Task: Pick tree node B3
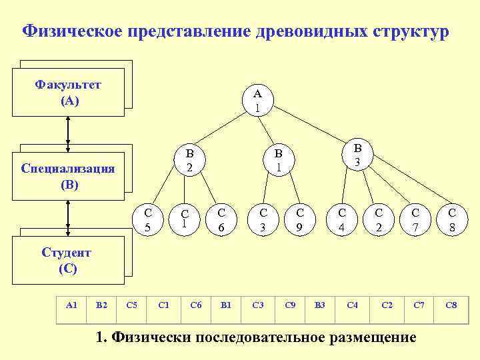tap(357, 155)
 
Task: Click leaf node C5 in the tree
tap(149, 220)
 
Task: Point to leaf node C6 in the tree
tap(221, 220)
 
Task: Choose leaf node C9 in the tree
tap(300, 220)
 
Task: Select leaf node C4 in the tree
tap(342, 220)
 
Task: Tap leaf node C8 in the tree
tap(452, 220)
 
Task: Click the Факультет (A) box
tap(69, 93)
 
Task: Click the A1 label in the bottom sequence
tap(72, 305)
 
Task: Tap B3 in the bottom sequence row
tap(319, 305)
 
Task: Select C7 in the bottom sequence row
tap(419, 305)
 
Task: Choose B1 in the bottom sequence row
tap(225, 305)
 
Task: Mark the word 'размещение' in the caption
tap(372, 337)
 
